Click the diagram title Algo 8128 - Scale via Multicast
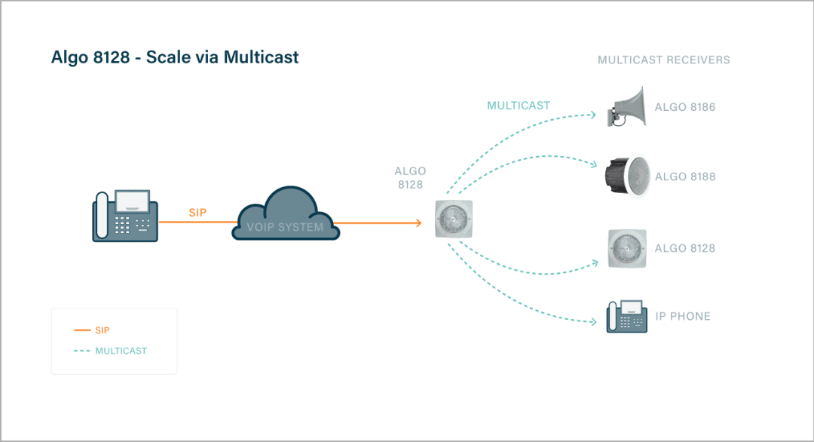click(x=175, y=57)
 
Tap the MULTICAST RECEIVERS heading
click(x=663, y=60)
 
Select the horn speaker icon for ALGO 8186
click(x=626, y=107)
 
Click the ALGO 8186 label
click(x=684, y=107)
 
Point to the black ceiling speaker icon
click(x=627, y=176)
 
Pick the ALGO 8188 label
click(x=685, y=176)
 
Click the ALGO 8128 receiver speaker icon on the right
click(x=627, y=249)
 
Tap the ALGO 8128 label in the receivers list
click(x=684, y=248)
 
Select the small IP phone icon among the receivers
click(x=626, y=316)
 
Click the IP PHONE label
click(x=683, y=316)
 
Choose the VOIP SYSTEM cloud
click(x=286, y=213)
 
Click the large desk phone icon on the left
click(x=125, y=216)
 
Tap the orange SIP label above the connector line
click(x=197, y=213)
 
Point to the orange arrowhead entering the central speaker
click(x=418, y=223)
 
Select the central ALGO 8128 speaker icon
click(x=454, y=219)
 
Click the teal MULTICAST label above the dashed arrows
click(x=518, y=106)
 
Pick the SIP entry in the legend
click(x=92, y=330)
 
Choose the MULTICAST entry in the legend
click(x=111, y=351)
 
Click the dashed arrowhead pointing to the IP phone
click(x=593, y=322)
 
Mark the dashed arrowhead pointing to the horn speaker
click(x=592, y=115)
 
